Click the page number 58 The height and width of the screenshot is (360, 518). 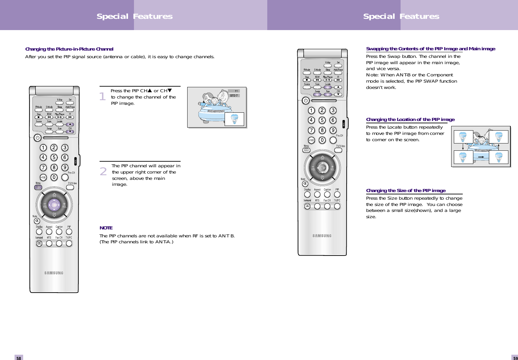19,358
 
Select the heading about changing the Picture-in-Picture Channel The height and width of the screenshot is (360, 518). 69,49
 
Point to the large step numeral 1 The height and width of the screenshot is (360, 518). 103,97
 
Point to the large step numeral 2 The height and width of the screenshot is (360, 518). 103,172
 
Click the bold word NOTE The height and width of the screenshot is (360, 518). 106,228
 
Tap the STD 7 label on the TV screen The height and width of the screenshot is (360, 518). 234,96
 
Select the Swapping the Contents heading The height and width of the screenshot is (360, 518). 430,49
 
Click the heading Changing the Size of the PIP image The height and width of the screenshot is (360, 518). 406,191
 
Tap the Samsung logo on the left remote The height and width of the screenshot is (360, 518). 54,273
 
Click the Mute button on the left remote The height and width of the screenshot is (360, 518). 37,220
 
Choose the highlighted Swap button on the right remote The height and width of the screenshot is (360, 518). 318,95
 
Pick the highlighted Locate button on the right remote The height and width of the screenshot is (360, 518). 328,88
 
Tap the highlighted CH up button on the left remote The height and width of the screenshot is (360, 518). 70,125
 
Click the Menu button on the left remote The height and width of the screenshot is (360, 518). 39,187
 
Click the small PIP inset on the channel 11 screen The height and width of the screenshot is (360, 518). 235,119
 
